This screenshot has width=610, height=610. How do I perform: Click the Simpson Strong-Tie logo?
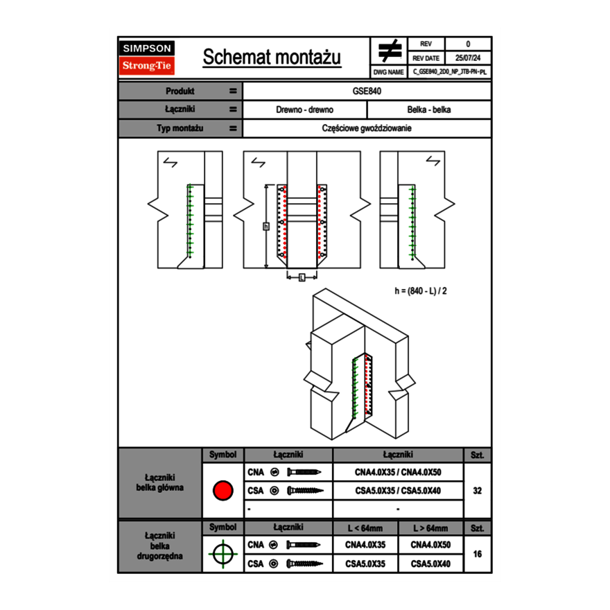[x=148, y=58]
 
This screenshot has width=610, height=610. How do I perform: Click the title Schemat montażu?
[x=272, y=58]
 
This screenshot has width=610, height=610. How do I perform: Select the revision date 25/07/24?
[x=468, y=58]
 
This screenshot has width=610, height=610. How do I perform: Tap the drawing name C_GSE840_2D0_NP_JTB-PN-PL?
[x=449, y=71]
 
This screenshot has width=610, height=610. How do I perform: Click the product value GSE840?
[x=367, y=91]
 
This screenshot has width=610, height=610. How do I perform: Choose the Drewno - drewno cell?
[x=304, y=110]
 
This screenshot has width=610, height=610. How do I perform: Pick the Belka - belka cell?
[x=429, y=110]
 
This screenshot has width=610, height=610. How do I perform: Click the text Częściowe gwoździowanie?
[x=367, y=128]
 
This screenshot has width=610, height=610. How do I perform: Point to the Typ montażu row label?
[x=180, y=128]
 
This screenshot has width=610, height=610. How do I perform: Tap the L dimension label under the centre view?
[x=302, y=277]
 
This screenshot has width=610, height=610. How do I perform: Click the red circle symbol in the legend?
[x=222, y=491]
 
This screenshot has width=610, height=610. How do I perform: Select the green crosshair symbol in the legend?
[x=222, y=554]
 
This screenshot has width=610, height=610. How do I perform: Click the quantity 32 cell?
[x=477, y=491]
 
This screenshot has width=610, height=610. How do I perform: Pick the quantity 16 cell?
[x=477, y=554]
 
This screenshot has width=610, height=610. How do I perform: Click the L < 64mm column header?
[x=365, y=528]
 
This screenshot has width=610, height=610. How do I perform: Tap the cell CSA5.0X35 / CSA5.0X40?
[x=398, y=491]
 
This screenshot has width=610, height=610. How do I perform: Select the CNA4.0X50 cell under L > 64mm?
[x=430, y=545]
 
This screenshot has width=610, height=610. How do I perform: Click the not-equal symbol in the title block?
[x=390, y=51]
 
